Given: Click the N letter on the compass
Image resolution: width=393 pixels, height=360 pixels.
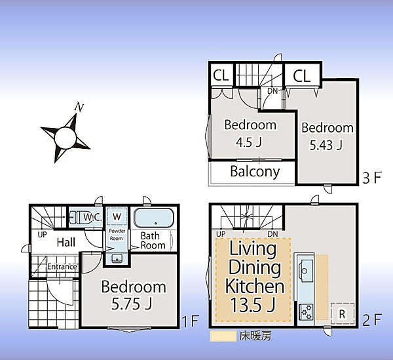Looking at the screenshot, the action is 79,107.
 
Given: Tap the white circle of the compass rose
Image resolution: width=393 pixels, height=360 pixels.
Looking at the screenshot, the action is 65,138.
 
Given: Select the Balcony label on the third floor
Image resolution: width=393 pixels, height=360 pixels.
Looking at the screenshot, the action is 255,172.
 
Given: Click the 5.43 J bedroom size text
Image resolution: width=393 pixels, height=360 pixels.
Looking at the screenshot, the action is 326,145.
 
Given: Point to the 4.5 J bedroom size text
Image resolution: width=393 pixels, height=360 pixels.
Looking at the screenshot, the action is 249,142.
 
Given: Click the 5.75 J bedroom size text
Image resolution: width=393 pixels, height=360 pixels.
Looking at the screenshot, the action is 132,304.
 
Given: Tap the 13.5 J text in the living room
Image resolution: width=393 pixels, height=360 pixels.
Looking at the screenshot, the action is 253,304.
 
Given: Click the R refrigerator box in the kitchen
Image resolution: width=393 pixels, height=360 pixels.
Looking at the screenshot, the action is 343,314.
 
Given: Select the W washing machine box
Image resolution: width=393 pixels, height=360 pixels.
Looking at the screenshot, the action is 117,216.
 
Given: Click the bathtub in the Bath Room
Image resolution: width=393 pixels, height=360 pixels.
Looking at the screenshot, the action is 154,218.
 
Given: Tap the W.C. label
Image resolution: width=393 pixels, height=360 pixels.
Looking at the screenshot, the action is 92,217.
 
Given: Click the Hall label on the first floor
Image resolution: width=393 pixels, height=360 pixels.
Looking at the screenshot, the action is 66,243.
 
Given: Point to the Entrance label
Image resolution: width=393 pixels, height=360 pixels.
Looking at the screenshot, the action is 62,266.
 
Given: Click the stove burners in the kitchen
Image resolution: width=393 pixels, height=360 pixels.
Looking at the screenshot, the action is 307,312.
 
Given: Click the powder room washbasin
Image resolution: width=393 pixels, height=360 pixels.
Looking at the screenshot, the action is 117,258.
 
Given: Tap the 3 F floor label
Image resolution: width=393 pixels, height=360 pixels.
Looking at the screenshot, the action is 372,178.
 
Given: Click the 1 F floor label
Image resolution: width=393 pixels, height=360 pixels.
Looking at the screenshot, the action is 190,321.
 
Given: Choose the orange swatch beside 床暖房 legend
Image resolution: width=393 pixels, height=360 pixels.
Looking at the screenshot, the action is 223,336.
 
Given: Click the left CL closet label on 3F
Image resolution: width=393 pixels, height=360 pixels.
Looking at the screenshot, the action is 221,75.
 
